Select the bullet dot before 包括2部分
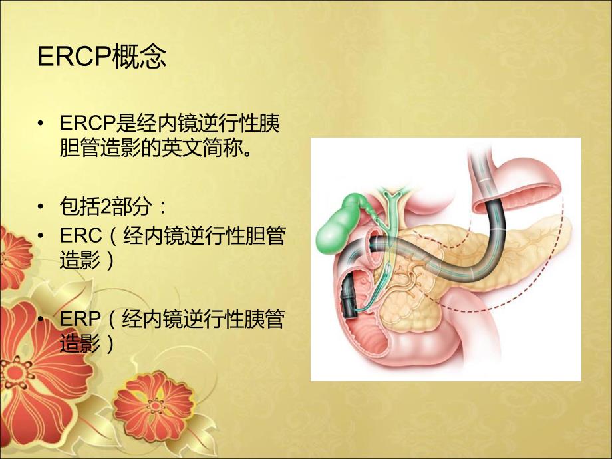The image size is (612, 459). point(43,208)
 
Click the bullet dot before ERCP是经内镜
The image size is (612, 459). point(43,124)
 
